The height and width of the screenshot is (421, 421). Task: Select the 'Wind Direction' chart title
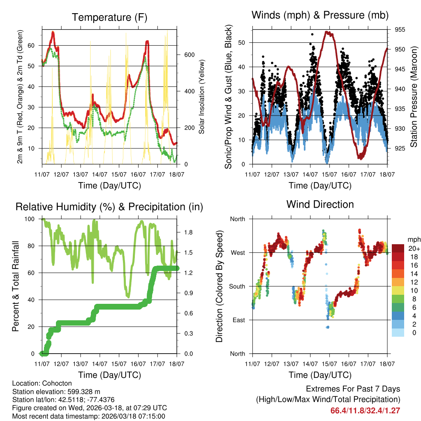click(320, 204)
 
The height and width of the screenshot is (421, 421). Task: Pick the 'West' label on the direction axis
click(237, 252)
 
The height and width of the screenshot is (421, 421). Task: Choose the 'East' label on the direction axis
click(238, 320)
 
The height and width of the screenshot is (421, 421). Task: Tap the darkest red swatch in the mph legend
click(398, 248)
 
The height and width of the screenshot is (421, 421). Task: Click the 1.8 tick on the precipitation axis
click(189, 232)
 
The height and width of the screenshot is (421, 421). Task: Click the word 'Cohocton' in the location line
click(52, 383)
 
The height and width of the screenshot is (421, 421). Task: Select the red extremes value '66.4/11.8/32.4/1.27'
click(365, 410)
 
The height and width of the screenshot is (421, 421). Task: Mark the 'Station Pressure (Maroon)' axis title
click(414, 97)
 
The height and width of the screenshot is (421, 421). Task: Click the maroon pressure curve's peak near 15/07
click(328, 32)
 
